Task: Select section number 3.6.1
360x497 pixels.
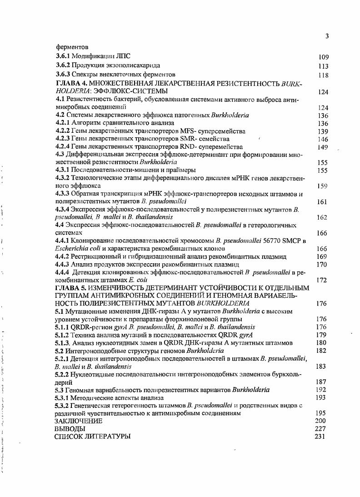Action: (x=64, y=57)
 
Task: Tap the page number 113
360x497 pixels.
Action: (x=323, y=66)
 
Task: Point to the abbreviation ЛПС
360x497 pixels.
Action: (x=122, y=57)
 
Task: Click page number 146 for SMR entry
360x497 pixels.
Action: (x=323, y=139)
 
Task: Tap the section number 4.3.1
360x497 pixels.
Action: (x=64, y=170)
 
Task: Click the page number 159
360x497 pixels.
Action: (x=322, y=186)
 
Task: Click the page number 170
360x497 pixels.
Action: (x=322, y=264)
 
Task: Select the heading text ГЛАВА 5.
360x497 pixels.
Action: (x=70, y=288)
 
